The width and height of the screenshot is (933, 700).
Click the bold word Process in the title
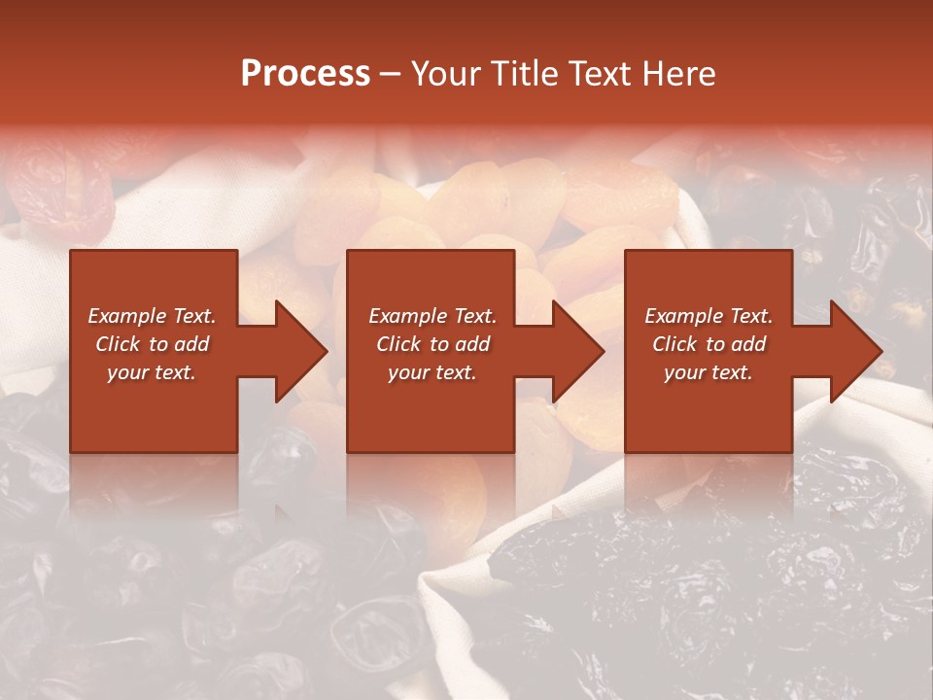point(305,74)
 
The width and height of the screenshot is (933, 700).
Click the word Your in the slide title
point(448,74)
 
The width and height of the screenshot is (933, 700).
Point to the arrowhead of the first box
point(299,351)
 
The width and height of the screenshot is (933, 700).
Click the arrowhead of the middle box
point(576,351)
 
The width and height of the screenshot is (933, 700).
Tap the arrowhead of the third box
point(854,351)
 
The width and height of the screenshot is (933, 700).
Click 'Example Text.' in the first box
point(152,316)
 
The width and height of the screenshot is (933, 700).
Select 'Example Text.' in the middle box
point(432,316)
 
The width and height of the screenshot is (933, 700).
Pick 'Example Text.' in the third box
point(708,316)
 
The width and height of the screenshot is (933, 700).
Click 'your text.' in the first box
point(152,372)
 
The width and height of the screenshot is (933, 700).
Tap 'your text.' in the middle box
point(432,372)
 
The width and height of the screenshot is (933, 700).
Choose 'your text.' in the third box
point(708,372)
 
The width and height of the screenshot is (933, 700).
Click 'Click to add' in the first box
point(152,344)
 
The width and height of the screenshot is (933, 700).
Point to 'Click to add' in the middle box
point(432,344)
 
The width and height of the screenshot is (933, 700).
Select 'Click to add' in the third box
point(708,344)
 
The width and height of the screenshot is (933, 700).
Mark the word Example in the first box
point(124,316)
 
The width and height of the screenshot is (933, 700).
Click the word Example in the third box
point(681,316)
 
